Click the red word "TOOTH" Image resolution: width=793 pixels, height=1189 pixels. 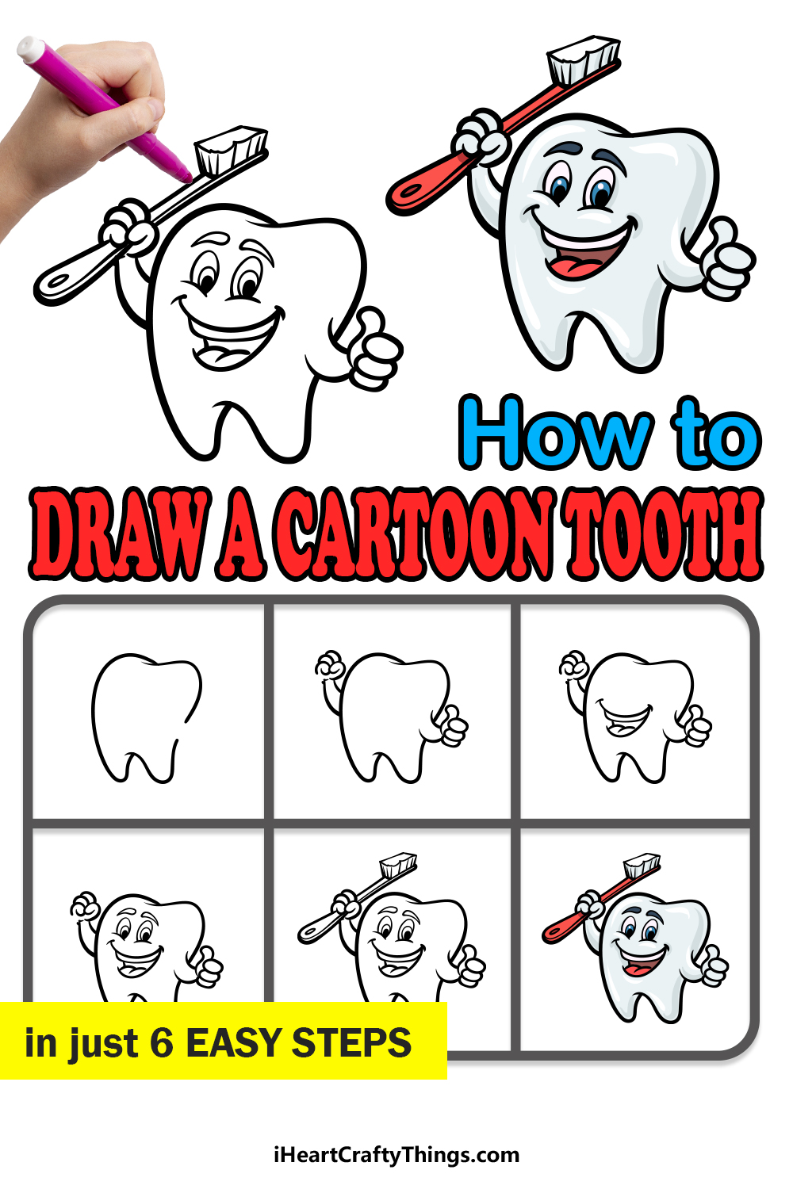click(664, 534)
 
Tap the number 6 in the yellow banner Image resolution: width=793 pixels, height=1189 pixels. click(162, 1043)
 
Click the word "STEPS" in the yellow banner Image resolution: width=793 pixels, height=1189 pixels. click(351, 1043)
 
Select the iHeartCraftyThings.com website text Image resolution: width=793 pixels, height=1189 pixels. click(396, 1155)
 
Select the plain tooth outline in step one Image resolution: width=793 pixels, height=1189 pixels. click(147, 717)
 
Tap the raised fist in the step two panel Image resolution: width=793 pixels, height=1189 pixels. click(330, 664)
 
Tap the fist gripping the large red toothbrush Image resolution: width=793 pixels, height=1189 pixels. click(480, 137)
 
